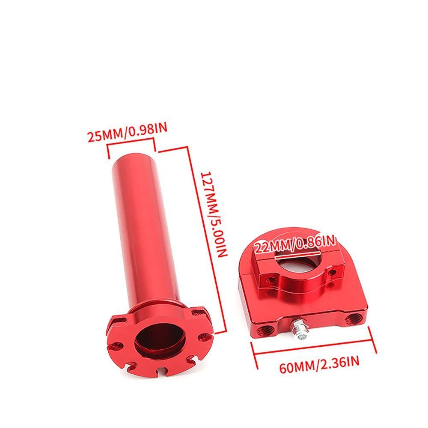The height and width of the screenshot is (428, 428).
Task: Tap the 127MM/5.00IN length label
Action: pos(213,214)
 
